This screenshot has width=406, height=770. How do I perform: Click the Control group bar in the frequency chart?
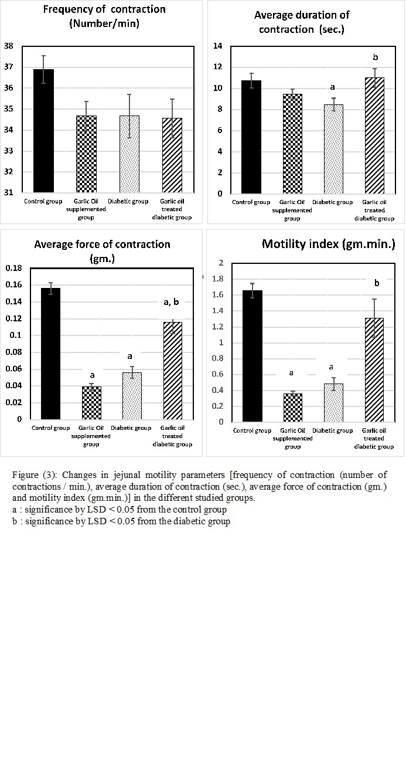[x=43, y=131]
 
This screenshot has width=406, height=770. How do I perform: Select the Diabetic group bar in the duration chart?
[x=333, y=149]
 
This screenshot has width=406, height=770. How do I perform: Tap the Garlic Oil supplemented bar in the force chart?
[x=92, y=403]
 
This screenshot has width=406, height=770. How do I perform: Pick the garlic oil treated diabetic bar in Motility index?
[x=374, y=370]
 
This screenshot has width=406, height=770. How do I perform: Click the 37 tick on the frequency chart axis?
[x=9, y=67]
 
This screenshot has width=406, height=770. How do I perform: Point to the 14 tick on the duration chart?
[x=218, y=46]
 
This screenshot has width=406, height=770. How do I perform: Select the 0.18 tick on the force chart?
[x=13, y=268]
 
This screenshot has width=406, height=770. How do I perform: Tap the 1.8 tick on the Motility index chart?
[x=218, y=279]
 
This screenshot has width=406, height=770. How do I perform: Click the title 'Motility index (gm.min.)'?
[x=328, y=244]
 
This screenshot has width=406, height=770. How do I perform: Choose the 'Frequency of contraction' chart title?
[x=104, y=9]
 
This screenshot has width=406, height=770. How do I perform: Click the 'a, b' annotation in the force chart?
[x=171, y=302]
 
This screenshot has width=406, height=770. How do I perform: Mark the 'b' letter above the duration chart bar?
[x=375, y=57]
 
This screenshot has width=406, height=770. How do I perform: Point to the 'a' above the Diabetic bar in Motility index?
[x=331, y=367]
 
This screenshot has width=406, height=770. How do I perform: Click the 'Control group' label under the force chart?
[x=50, y=428]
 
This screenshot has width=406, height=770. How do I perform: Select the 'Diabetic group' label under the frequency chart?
[x=128, y=201]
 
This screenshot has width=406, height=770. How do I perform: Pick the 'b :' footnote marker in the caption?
[x=17, y=521]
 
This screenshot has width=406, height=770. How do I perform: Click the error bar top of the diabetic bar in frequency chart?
[x=129, y=94]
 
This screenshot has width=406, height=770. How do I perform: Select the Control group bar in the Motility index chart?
[x=253, y=356]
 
